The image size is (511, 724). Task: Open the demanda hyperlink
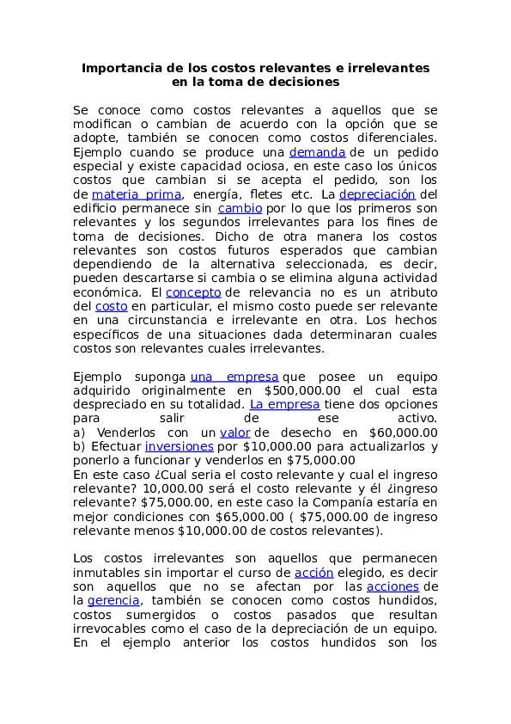[x=317, y=152]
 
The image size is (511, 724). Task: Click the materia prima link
[x=136, y=194]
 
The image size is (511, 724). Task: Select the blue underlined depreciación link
[x=377, y=194]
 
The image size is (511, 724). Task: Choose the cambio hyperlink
[x=240, y=208]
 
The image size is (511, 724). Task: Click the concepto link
[x=193, y=292]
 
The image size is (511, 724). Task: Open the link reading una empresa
[x=234, y=377]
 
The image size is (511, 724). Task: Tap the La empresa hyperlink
[x=284, y=404]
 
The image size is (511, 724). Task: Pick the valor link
[x=234, y=433]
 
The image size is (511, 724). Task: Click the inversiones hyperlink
[x=179, y=446]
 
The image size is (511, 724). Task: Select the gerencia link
[x=113, y=601]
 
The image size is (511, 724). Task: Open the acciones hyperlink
[x=392, y=587]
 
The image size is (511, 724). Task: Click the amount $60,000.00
[x=403, y=433]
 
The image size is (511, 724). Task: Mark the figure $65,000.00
[x=250, y=517]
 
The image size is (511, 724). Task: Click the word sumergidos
[x=161, y=615]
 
